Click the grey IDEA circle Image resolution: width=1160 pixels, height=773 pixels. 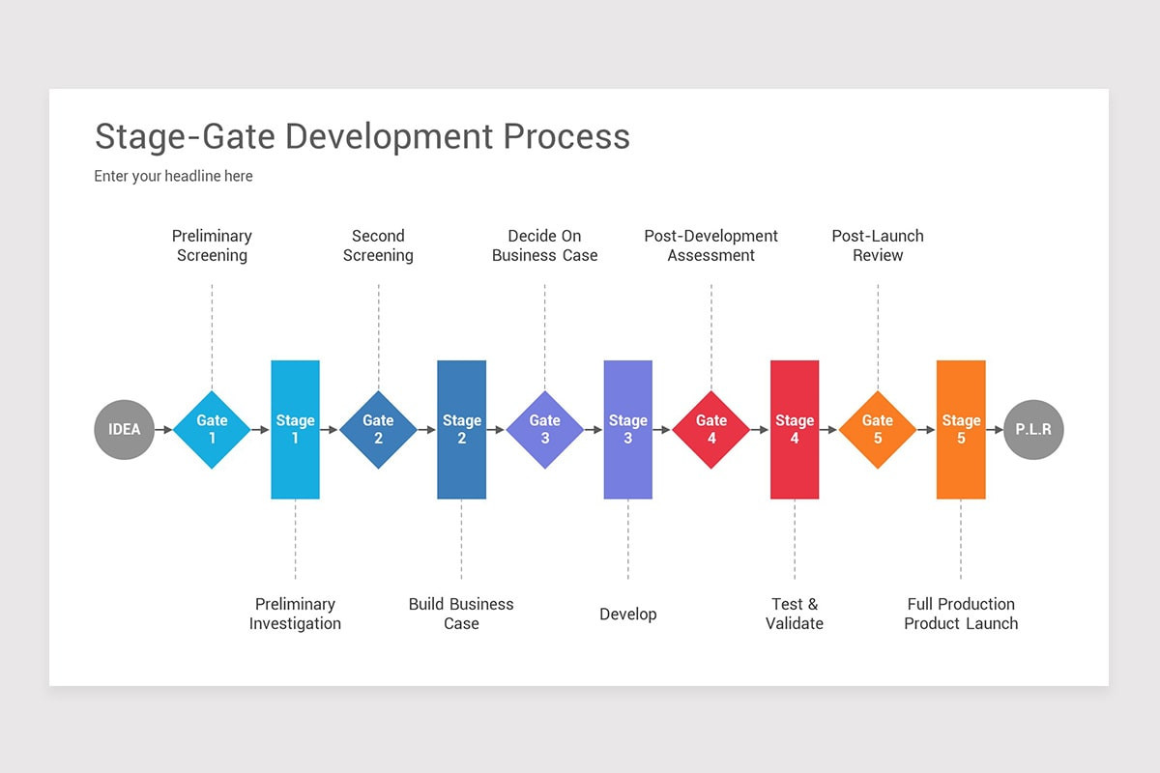[124, 429]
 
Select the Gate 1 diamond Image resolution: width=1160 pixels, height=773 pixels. [212, 429]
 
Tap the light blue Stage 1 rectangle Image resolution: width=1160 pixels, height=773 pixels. [295, 429]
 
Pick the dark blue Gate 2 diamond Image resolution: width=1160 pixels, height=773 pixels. [378, 429]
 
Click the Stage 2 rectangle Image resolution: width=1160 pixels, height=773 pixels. [461, 429]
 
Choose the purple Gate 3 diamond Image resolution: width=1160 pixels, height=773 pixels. [544, 429]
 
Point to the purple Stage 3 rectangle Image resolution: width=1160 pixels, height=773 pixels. [627, 429]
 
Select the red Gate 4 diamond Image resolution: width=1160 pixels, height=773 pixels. [710, 429]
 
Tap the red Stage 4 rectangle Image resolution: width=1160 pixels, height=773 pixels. [794, 429]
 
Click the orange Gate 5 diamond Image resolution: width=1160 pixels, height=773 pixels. [877, 429]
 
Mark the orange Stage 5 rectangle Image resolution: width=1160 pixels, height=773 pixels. [961, 429]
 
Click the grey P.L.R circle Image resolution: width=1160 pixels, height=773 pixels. [1033, 429]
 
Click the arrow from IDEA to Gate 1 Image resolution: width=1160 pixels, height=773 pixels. [163, 429]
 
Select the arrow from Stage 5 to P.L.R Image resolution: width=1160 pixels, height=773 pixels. [995, 429]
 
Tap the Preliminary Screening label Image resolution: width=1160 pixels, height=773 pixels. [212, 245]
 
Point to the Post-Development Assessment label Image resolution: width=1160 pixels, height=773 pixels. [710, 245]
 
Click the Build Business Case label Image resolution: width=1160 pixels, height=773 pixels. [461, 614]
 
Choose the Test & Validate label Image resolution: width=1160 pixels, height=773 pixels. [794, 614]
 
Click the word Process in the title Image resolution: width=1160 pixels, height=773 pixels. [566, 136]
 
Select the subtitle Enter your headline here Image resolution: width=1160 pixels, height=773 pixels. [173, 176]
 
